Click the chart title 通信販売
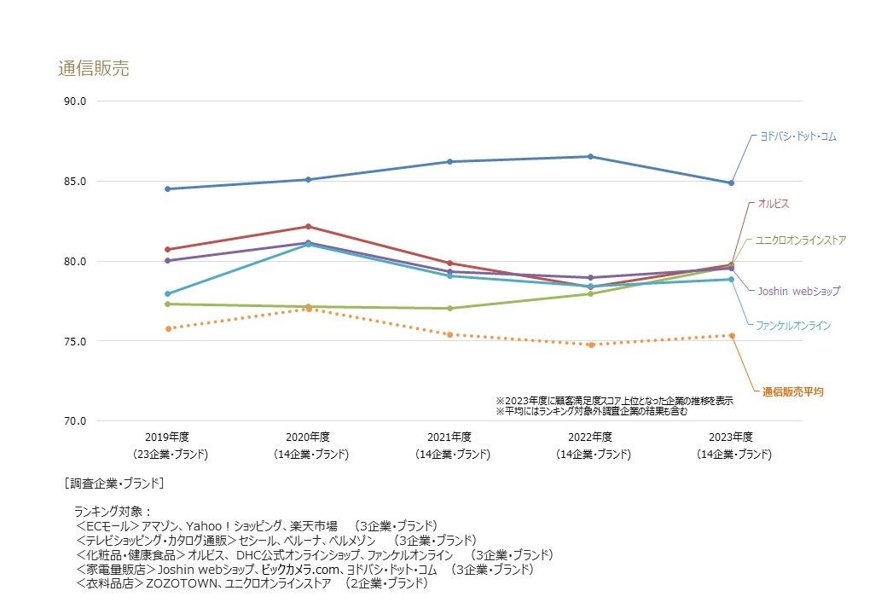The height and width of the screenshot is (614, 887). (94, 69)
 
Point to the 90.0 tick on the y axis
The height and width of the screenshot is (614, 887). (75, 101)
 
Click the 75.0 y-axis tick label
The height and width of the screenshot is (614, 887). (75, 341)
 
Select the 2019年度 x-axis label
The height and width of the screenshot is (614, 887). (167, 437)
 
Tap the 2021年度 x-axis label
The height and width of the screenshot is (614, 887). (449, 437)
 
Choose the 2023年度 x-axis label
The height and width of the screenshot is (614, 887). (731, 437)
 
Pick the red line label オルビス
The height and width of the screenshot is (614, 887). (774, 204)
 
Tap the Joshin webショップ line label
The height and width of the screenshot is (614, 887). (798, 291)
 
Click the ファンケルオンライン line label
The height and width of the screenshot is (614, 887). (793, 325)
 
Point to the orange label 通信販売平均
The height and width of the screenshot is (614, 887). (792, 391)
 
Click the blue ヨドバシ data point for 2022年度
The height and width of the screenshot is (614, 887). (590, 156)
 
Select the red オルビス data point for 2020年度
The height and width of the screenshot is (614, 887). (308, 226)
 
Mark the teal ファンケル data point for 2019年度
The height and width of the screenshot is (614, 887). (167, 293)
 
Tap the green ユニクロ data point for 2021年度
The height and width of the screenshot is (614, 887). (449, 308)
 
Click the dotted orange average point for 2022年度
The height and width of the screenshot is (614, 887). (590, 345)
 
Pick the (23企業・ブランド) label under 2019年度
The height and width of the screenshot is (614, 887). (170, 455)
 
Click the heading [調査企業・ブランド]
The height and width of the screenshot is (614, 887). (114, 483)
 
